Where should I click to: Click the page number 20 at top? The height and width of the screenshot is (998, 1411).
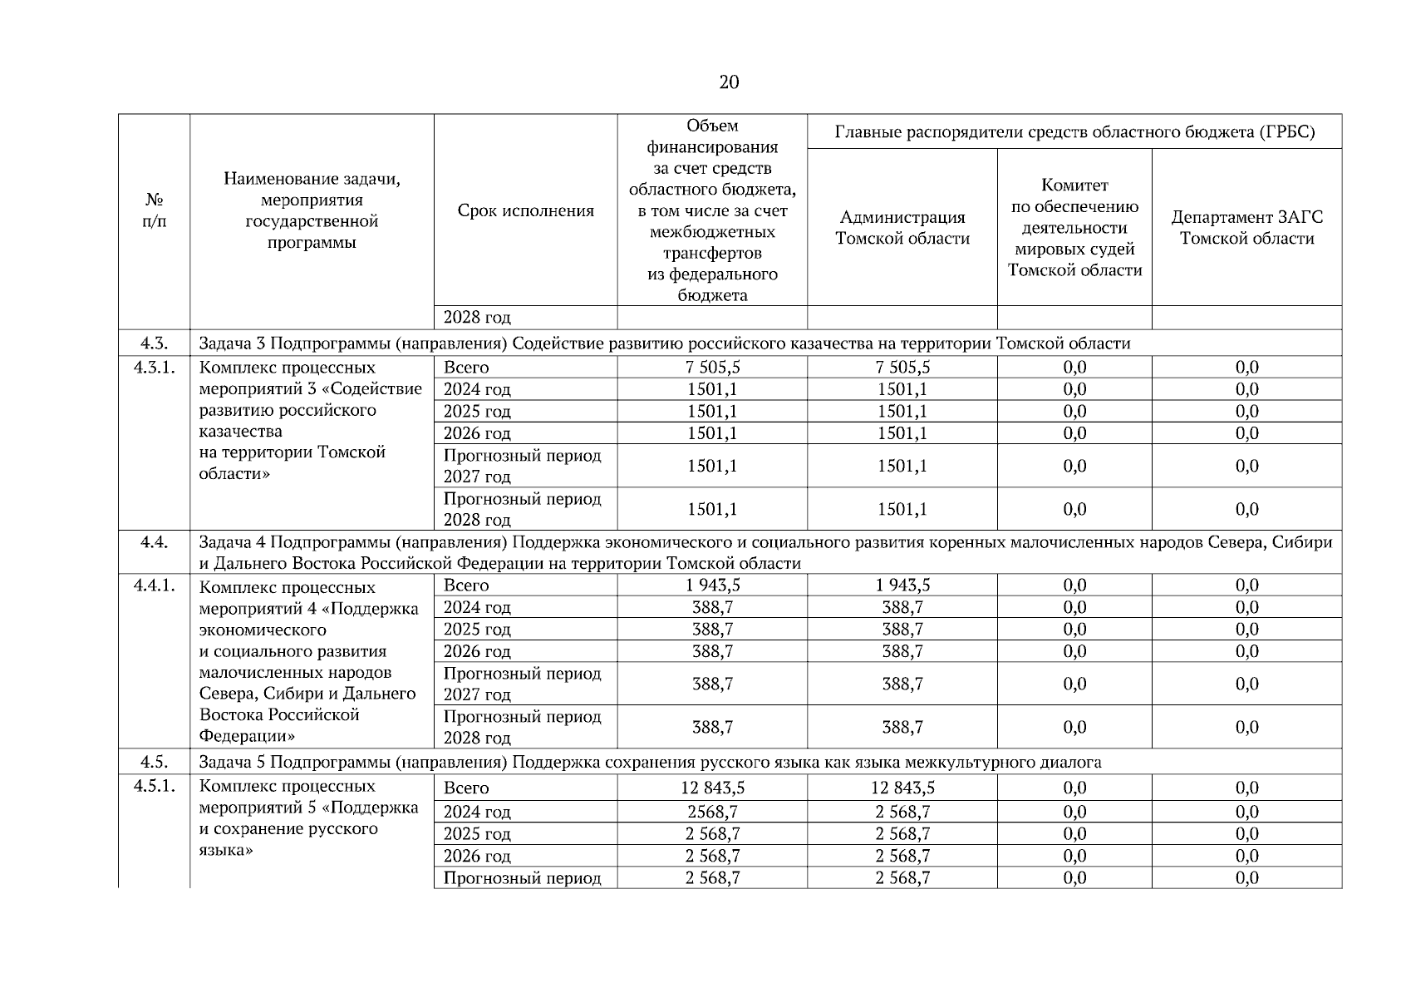pyautogui.click(x=729, y=82)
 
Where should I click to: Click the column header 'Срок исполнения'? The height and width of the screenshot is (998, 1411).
pyautogui.click(x=525, y=211)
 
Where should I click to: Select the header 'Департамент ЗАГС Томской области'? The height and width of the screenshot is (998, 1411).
pyautogui.click(x=1246, y=228)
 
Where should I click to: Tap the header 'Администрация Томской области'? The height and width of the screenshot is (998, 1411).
pyautogui.click(x=902, y=228)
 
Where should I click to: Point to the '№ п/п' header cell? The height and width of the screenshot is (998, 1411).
pyautogui.click(x=154, y=211)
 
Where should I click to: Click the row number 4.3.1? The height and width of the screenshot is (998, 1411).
pyautogui.click(x=154, y=368)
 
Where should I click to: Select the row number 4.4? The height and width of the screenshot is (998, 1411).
pyautogui.click(x=154, y=542)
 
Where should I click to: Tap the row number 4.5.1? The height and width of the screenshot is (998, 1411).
pyautogui.click(x=154, y=787)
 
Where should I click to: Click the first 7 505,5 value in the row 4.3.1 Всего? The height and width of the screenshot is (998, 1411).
pyautogui.click(x=712, y=368)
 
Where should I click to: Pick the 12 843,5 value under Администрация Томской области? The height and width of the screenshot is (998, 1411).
pyautogui.click(x=902, y=788)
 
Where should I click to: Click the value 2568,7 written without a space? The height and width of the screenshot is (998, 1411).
pyautogui.click(x=712, y=812)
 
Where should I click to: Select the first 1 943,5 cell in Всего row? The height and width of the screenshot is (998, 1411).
pyautogui.click(x=712, y=585)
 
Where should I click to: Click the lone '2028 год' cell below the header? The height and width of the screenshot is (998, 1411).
pyautogui.click(x=477, y=318)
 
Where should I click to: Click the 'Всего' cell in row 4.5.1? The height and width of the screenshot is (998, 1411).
pyautogui.click(x=466, y=788)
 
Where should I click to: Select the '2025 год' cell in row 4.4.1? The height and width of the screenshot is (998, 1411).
pyautogui.click(x=477, y=630)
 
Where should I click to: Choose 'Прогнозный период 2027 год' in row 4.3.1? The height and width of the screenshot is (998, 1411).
pyautogui.click(x=522, y=466)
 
